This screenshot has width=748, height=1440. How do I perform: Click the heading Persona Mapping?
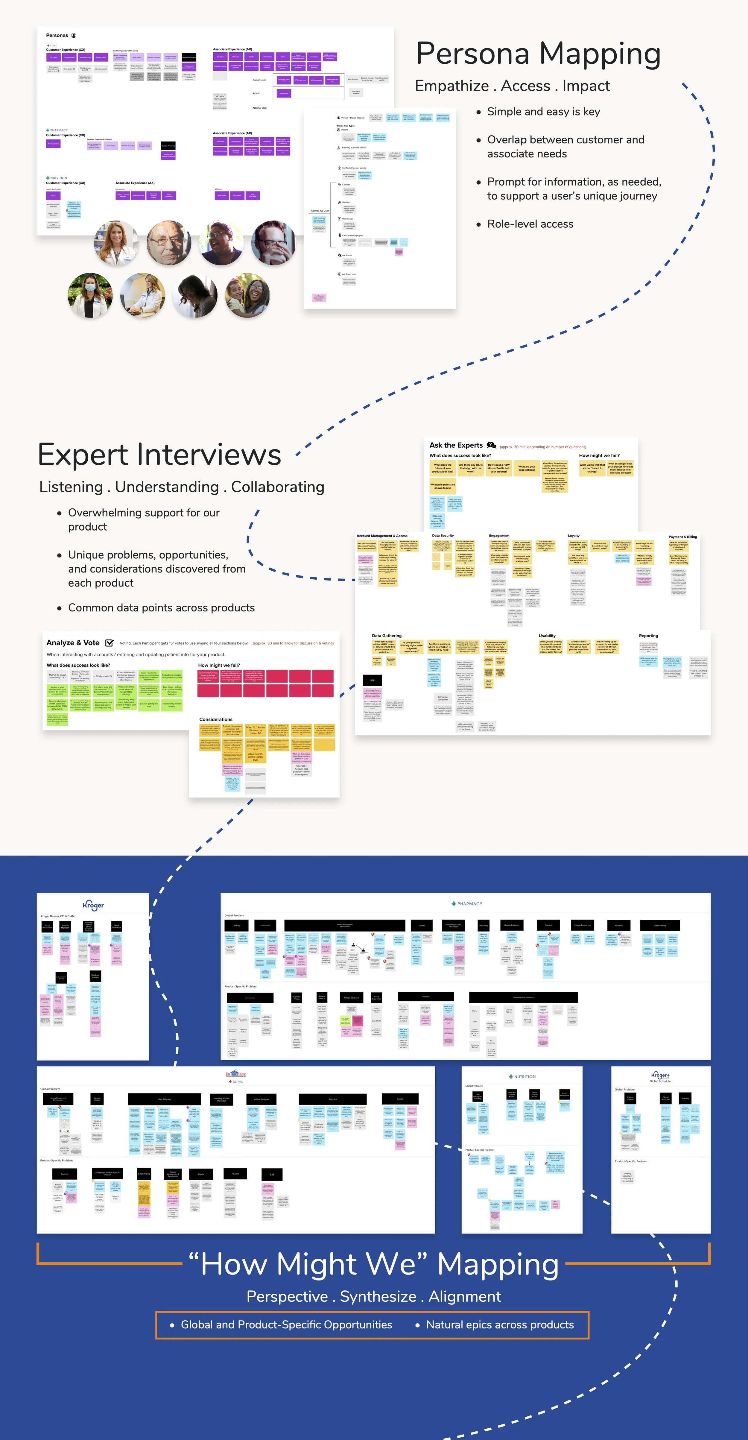pos(538,54)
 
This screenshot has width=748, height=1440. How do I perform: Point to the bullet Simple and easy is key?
pos(543,112)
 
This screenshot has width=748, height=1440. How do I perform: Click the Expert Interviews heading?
pos(159,455)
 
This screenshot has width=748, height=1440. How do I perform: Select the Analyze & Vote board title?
pos(73,643)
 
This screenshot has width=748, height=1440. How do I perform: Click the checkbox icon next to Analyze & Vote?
pos(110,643)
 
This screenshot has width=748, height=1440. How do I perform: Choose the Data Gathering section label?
pos(386,636)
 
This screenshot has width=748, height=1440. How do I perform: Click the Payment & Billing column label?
pos(682,537)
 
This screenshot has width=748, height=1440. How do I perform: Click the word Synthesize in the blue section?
pos(378,1296)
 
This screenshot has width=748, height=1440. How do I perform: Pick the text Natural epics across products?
pos(500,1325)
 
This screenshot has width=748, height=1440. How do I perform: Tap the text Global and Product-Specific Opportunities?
pos(286,1325)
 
